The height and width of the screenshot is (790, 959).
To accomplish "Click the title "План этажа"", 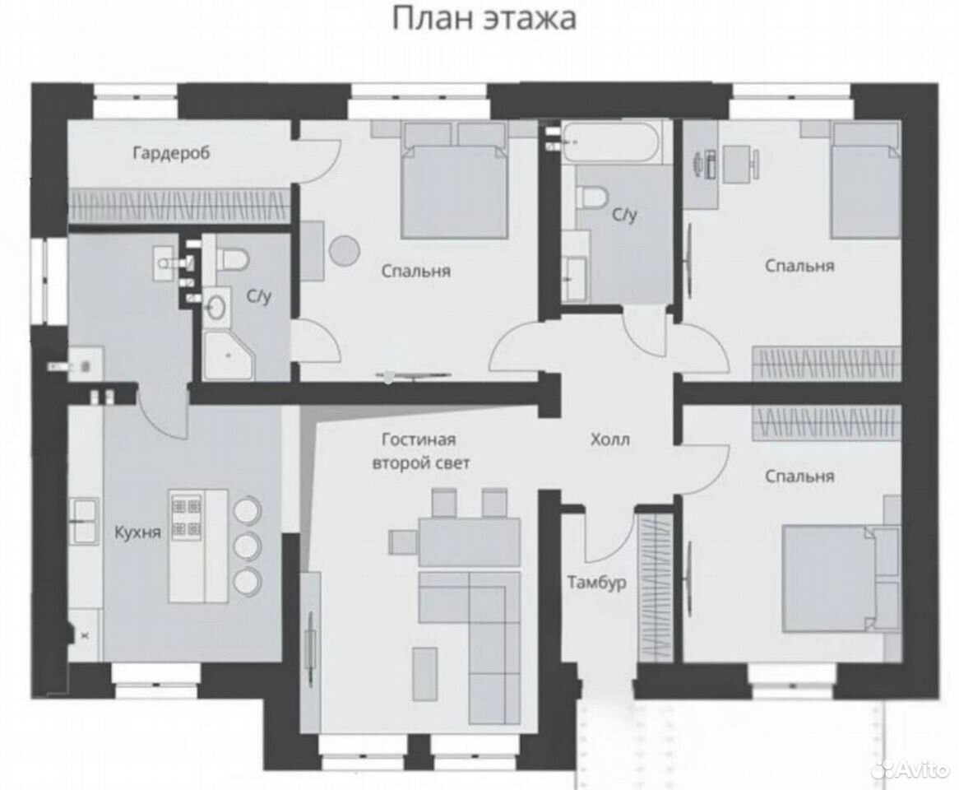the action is click(483, 18).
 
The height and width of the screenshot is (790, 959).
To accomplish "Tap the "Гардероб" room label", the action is click(171, 152).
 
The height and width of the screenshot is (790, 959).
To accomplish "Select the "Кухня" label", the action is click(137, 532).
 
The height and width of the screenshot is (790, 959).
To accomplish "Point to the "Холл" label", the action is click(609, 439).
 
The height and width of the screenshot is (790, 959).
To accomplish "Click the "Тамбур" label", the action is click(596, 582).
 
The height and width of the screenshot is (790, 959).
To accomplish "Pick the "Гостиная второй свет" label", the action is click(421, 452).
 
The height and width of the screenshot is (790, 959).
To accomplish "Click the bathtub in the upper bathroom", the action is click(612, 142).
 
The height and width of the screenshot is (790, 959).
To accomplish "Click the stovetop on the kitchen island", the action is click(188, 517).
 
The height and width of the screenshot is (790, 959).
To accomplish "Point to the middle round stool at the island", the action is click(248, 545).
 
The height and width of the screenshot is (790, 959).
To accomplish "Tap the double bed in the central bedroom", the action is click(455, 181).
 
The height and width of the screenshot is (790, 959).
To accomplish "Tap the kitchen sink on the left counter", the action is click(85, 521).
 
